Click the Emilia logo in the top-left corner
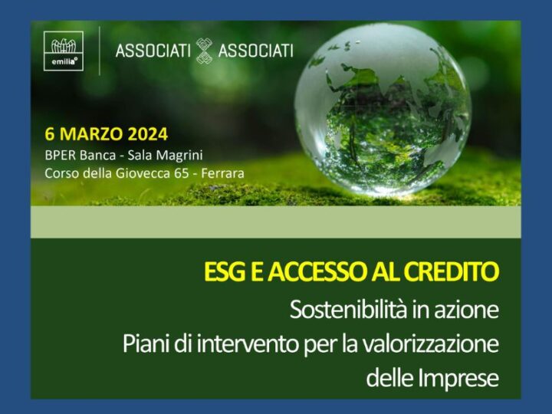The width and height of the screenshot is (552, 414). [x=64, y=51]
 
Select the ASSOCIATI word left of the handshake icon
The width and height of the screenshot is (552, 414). [x=153, y=51]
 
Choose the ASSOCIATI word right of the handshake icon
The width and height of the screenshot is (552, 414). [x=255, y=51]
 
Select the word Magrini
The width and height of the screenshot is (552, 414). [x=177, y=155]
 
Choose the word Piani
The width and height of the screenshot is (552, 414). [x=143, y=343]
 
